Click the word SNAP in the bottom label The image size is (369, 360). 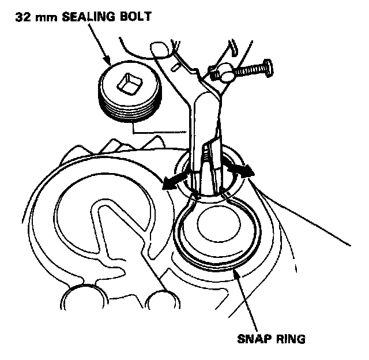tap(254, 338)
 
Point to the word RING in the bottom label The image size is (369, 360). tap(289, 338)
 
